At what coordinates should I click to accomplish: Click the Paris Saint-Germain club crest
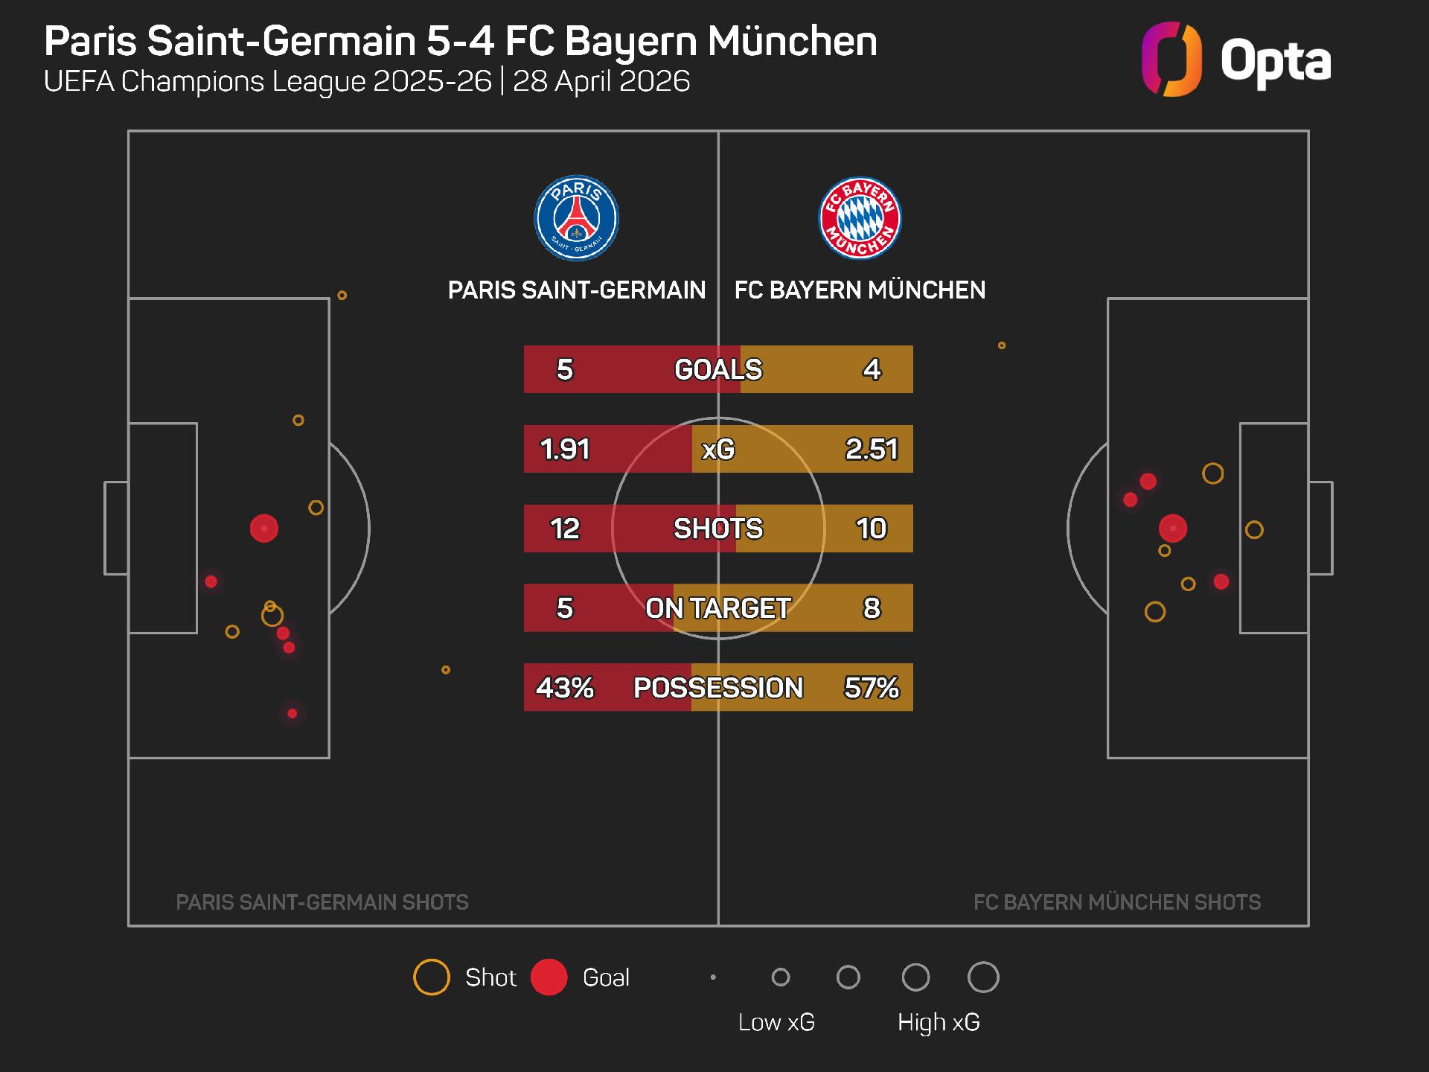[x=577, y=218]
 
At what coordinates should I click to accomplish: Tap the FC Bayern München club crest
[x=860, y=218]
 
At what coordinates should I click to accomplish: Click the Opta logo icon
[x=1171, y=60]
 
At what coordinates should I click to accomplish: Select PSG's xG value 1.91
[x=565, y=449]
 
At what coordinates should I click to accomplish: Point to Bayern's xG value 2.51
[x=872, y=449]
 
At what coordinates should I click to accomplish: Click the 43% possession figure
[x=565, y=687]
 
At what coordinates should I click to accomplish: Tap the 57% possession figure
[x=872, y=687]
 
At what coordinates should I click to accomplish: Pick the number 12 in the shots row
[x=565, y=529]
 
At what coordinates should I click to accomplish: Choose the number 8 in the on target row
[x=872, y=608]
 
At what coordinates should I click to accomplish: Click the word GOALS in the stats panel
[x=718, y=369]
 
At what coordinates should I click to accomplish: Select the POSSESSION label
[x=718, y=687]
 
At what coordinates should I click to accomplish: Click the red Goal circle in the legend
[x=549, y=977]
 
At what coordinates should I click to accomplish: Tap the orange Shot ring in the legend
[x=432, y=977]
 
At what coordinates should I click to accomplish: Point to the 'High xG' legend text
[x=939, y=1022]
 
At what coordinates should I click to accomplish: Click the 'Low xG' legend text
[x=776, y=1022]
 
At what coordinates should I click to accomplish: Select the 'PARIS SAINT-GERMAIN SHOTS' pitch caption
[x=322, y=902]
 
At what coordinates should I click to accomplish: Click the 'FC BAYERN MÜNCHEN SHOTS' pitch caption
[x=1117, y=902]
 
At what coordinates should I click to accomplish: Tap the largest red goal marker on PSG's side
[x=264, y=529]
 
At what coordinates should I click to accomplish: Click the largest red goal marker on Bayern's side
[x=1173, y=529]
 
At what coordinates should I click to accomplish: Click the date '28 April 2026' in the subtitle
[x=601, y=81]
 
